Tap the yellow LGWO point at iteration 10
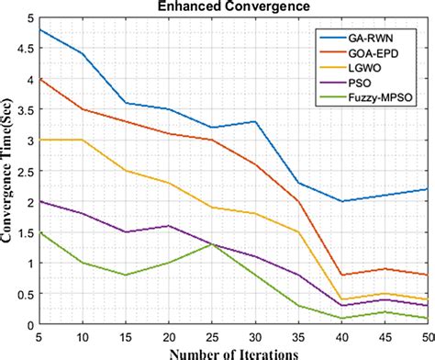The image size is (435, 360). pyautogui.click(x=82, y=141)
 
